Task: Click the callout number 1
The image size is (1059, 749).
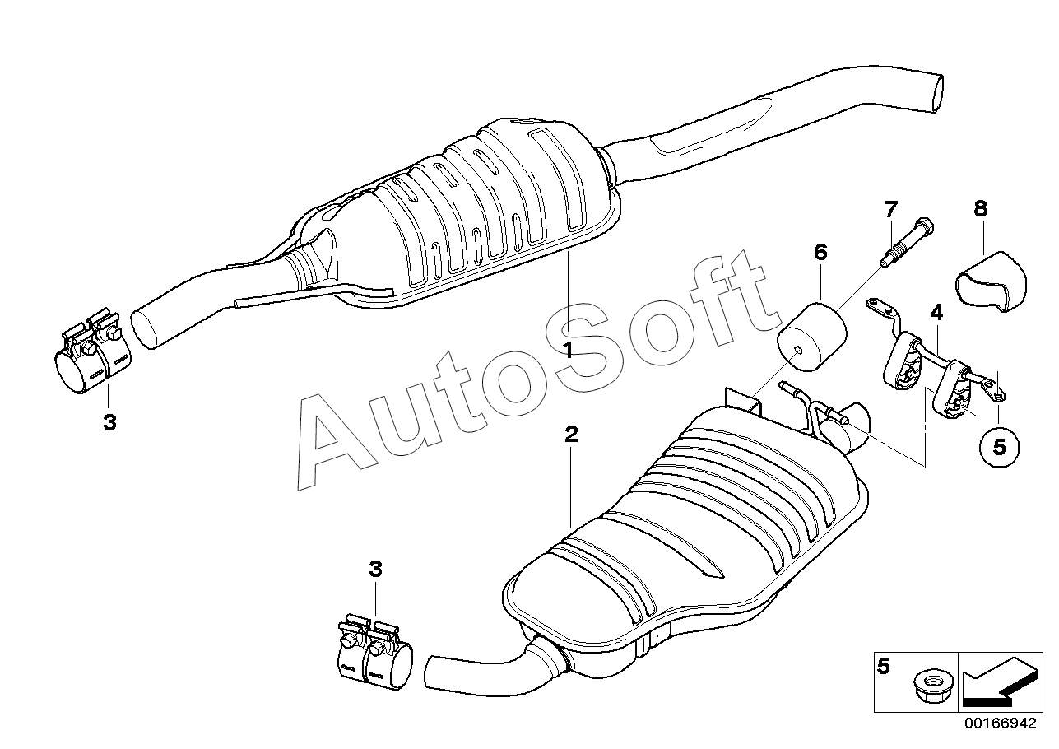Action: tap(568, 350)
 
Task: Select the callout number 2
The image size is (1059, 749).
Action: tap(571, 435)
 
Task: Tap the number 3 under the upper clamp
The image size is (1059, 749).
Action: tap(109, 423)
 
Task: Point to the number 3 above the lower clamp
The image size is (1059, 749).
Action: tap(375, 569)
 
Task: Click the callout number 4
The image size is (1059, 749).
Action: tap(936, 312)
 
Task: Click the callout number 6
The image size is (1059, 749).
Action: tap(820, 252)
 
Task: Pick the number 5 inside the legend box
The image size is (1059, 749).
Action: tap(884, 666)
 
